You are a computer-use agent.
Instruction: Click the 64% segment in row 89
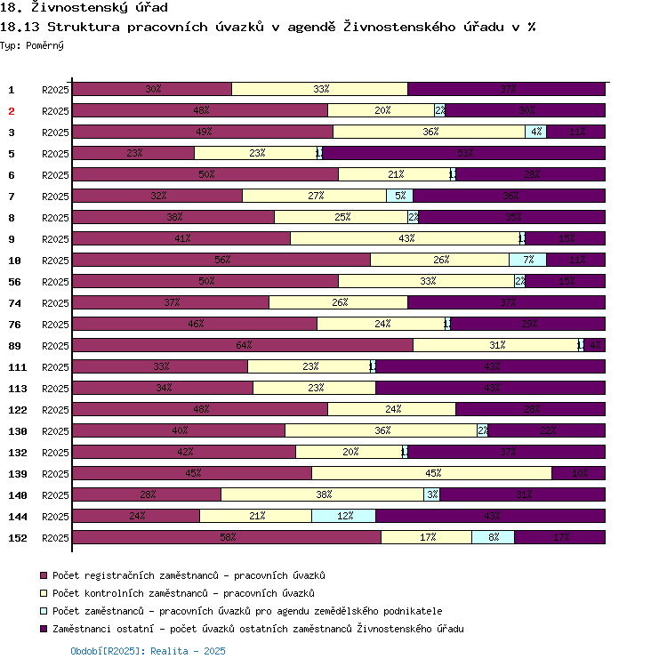point(242,345)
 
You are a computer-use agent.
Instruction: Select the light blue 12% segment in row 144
point(343,516)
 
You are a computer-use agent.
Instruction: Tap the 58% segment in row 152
point(226,537)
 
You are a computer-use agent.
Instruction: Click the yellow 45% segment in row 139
point(431,473)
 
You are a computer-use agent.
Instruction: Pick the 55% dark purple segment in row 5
point(463,153)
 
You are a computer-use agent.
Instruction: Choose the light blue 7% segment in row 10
point(527,260)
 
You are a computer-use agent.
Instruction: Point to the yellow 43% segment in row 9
point(405,238)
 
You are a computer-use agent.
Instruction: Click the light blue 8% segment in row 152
point(493,537)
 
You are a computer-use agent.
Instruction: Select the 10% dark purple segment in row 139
point(578,473)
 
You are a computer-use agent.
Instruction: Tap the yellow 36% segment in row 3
point(429,132)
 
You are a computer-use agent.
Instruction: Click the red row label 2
point(12,111)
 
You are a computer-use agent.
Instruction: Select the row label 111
point(18,367)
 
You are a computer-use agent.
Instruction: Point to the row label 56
point(14,282)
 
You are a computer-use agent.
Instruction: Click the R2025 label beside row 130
point(55,431)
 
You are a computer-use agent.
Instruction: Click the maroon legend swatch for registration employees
point(44,575)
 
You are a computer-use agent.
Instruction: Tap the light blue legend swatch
point(44,611)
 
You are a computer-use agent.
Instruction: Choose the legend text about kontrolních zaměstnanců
point(183,593)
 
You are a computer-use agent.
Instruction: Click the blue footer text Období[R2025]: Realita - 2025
point(148,652)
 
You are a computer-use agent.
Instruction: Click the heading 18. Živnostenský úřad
point(84,8)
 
